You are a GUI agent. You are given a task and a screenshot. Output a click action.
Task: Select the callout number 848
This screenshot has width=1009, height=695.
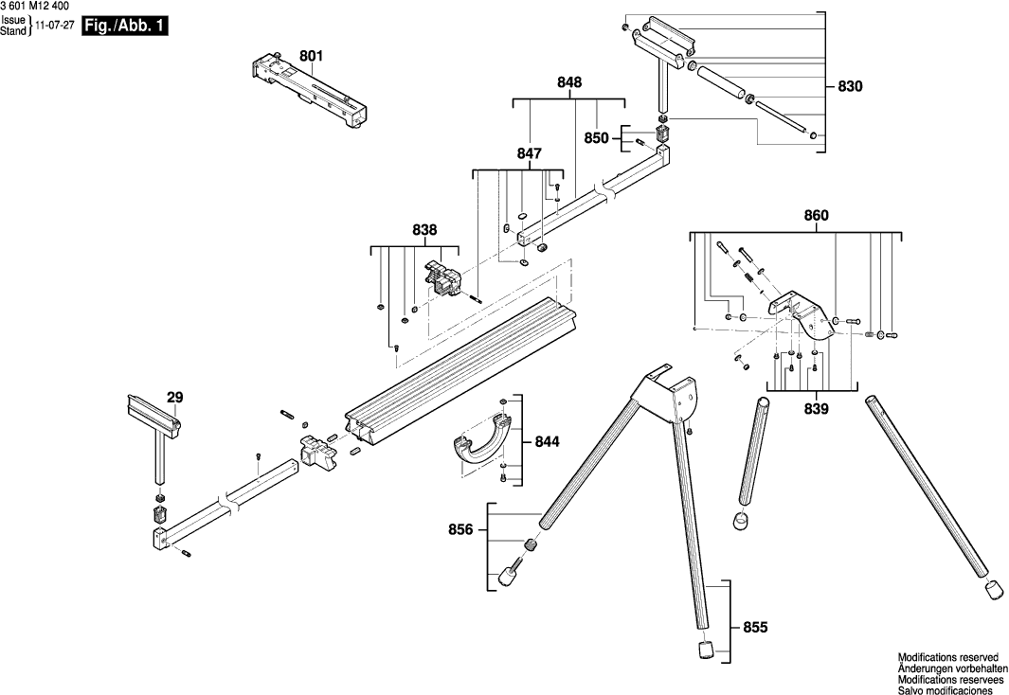569,83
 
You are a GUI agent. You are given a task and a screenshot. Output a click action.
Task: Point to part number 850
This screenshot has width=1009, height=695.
596,138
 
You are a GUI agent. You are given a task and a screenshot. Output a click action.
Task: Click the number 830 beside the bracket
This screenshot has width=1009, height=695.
851,87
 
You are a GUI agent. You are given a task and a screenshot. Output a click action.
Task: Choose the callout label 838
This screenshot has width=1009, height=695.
424,230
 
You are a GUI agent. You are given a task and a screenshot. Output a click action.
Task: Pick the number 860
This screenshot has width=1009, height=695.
816,216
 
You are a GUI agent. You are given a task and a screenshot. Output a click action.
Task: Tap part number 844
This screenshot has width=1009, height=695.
547,441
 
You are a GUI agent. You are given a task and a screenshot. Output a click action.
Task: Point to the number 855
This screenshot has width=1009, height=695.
754,627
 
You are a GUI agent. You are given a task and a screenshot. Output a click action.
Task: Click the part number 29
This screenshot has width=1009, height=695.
175,399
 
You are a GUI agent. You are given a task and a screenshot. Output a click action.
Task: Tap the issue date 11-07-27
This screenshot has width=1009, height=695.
56,27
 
